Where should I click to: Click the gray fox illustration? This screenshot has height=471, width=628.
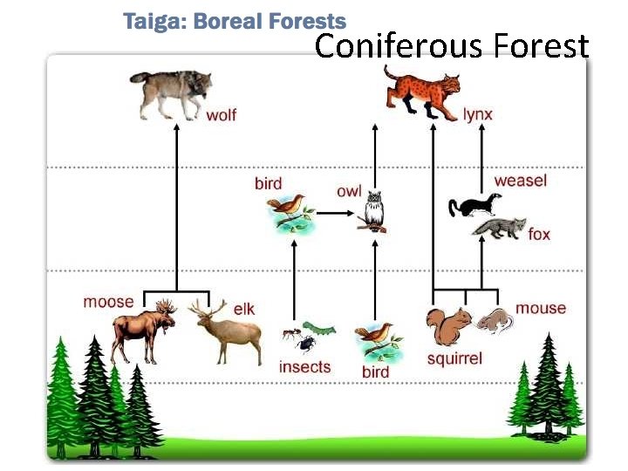[499, 229]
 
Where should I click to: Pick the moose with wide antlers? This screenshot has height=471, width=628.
[145, 330]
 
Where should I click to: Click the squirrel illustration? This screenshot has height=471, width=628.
[448, 328]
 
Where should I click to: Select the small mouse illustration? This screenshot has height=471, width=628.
[495, 321]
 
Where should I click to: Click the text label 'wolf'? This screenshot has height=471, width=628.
[221, 115]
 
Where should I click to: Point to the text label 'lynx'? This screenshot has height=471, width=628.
[478, 114]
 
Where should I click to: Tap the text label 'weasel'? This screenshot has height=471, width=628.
[520, 181]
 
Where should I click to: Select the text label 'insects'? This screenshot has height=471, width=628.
[304, 366]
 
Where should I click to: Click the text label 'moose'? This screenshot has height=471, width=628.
[108, 302]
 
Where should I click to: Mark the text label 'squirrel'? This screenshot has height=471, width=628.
[454, 358]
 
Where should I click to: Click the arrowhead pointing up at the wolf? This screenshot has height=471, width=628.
[178, 126]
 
